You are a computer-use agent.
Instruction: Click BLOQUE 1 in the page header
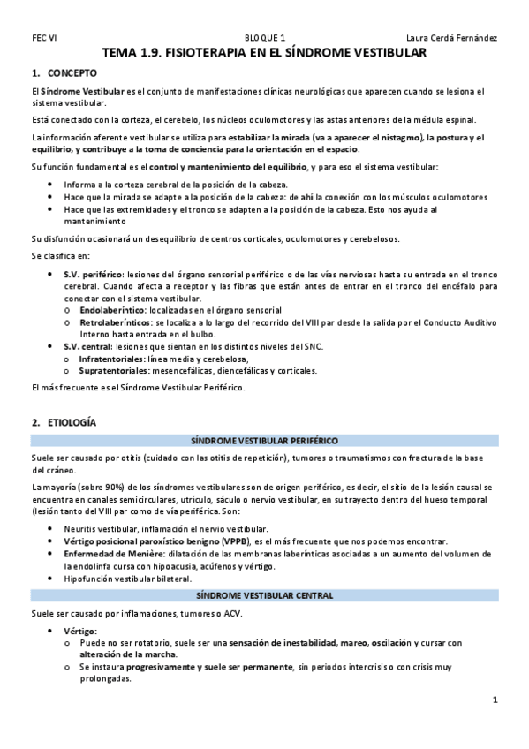pos(264,38)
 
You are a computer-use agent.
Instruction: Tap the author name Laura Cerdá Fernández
pos(451,38)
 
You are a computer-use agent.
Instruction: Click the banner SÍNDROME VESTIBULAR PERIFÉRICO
pos(264,440)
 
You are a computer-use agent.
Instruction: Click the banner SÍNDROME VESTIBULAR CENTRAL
pos(264,595)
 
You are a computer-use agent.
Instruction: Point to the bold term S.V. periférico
pos(93,276)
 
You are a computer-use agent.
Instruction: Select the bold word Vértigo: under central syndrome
pos(80,631)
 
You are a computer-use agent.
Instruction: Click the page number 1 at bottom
pos(495,700)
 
